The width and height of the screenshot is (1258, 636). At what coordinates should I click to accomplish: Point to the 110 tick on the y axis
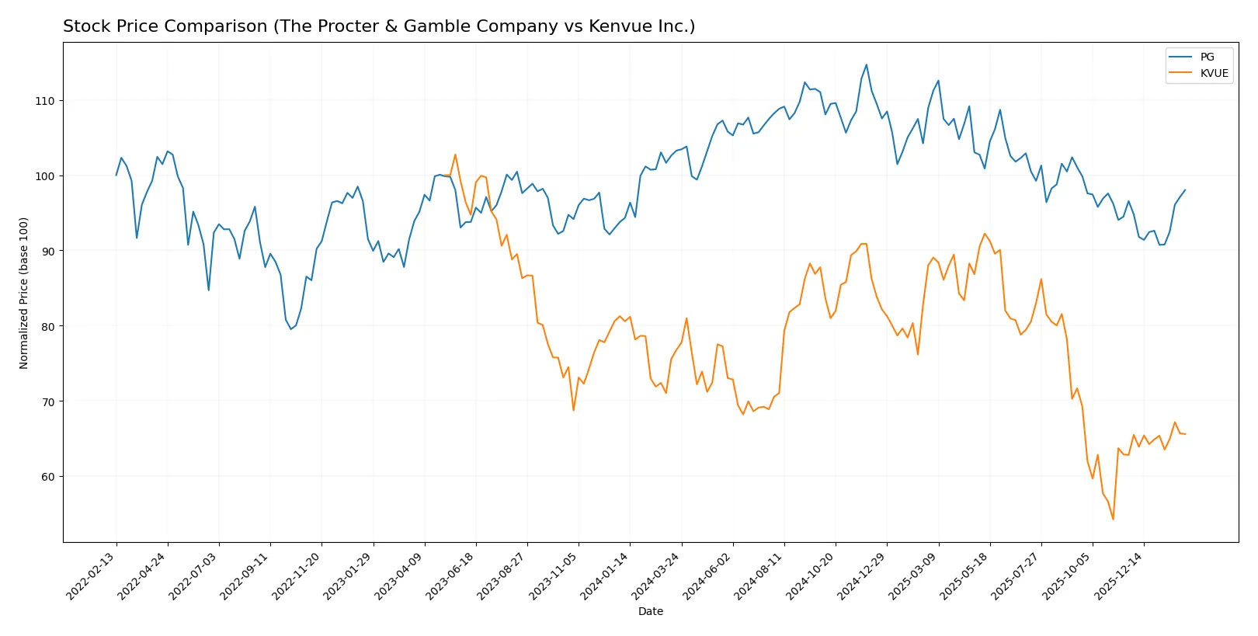[44, 101]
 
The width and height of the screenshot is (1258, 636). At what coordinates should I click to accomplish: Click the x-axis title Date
[650, 611]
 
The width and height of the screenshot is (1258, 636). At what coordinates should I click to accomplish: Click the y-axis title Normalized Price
[24, 293]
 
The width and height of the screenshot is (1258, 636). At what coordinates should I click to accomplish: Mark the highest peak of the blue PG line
[867, 64]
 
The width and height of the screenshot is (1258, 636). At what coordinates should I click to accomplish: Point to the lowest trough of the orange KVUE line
[1113, 519]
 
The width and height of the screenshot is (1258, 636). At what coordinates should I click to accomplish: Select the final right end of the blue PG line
[1185, 190]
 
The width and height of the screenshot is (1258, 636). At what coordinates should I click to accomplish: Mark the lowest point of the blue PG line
[290, 329]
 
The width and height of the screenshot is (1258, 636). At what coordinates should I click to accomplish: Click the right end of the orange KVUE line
[1185, 434]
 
